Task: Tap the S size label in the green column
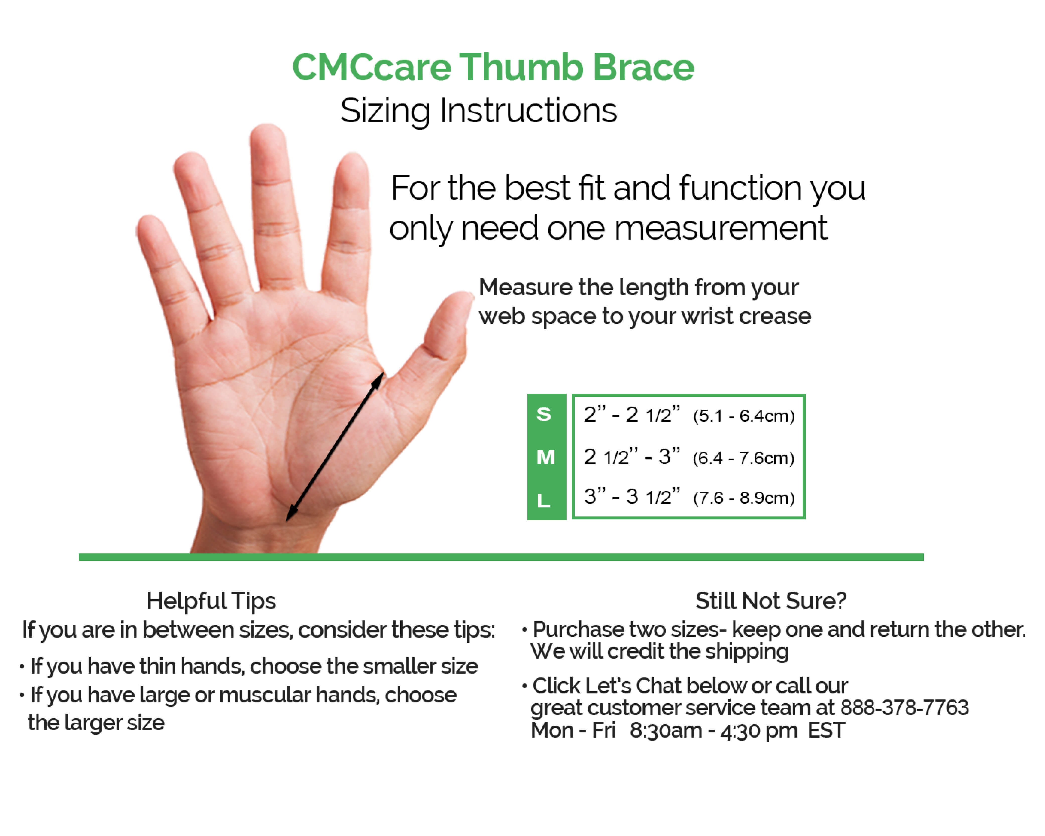click(x=544, y=414)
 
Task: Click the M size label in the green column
click(x=546, y=457)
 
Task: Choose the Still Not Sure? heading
click(x=771, y=601)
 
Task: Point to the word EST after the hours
click(x=826, y=730)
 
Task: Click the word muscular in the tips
click(x=265, y=695)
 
